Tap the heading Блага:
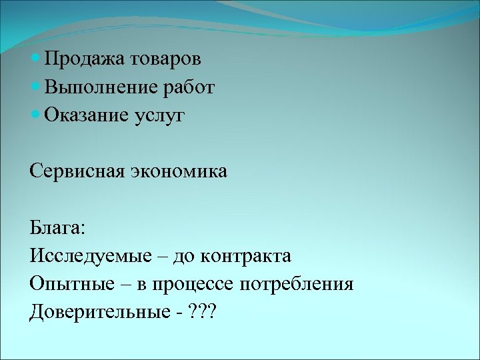57,228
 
